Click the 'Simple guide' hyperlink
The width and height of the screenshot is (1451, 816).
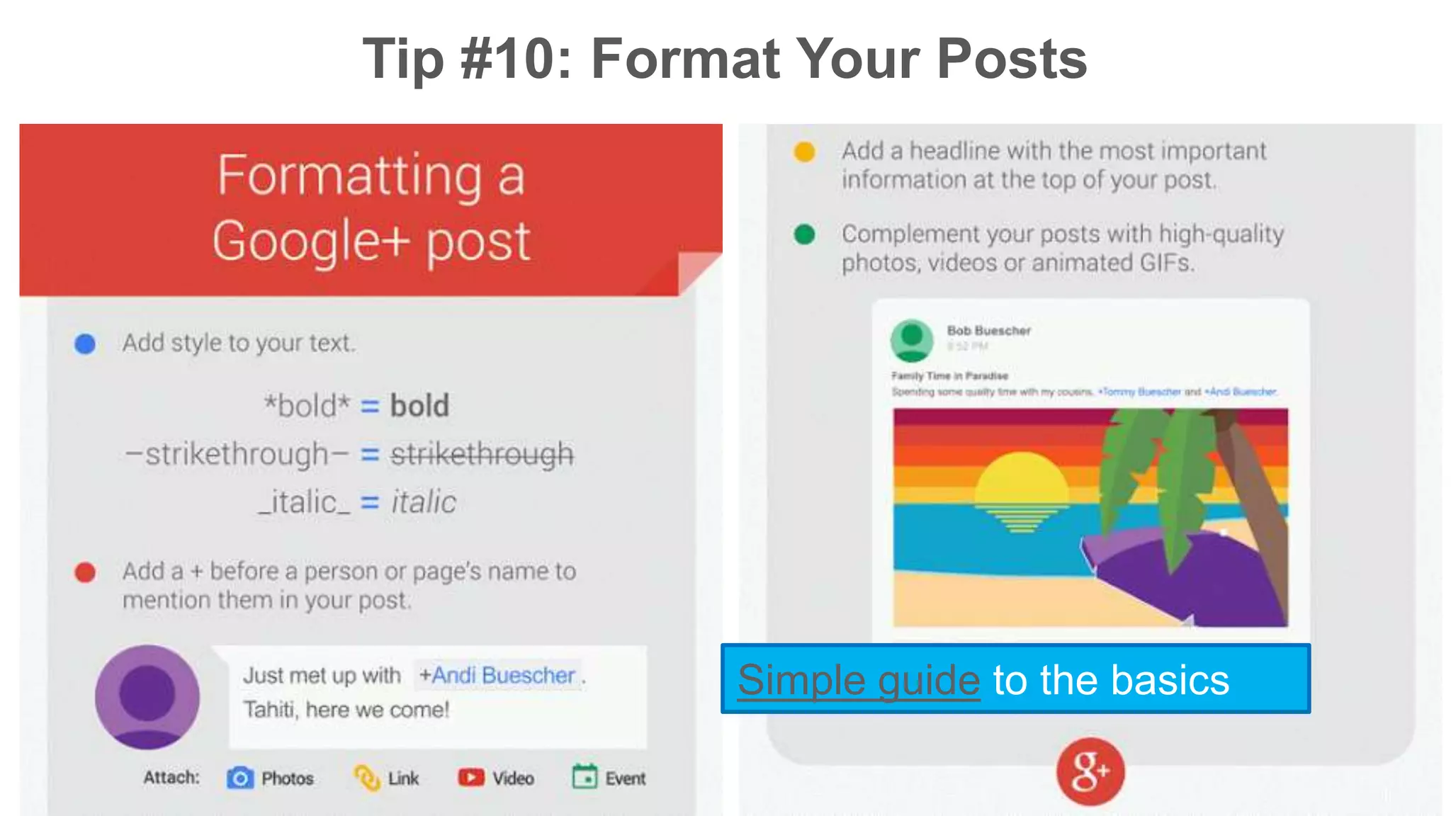pos(859,680)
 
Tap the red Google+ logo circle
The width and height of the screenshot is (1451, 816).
pos(1090,771)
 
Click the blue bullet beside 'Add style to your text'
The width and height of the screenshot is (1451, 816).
pos(85,344)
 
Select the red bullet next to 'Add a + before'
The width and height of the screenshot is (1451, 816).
pos(85,572)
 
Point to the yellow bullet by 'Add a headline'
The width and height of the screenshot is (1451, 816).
pos(804,152)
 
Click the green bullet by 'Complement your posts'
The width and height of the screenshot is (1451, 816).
pos(804,234)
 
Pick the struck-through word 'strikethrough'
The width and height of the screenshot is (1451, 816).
pos(482,454)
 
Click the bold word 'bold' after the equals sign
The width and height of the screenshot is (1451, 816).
pos(419,406)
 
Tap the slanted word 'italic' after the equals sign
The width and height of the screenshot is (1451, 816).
pos(424,502)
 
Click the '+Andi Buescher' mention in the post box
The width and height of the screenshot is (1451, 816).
pos(497,675)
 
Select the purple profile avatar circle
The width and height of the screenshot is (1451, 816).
pos(147,696)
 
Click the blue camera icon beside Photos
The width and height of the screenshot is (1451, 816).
pos(240,778)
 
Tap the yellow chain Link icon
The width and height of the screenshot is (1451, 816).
pos(367,778)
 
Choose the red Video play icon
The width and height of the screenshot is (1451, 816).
pos(471,778)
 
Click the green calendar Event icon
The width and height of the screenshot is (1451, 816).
pos(585,777)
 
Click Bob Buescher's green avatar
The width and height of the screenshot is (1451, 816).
pos(912,339)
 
